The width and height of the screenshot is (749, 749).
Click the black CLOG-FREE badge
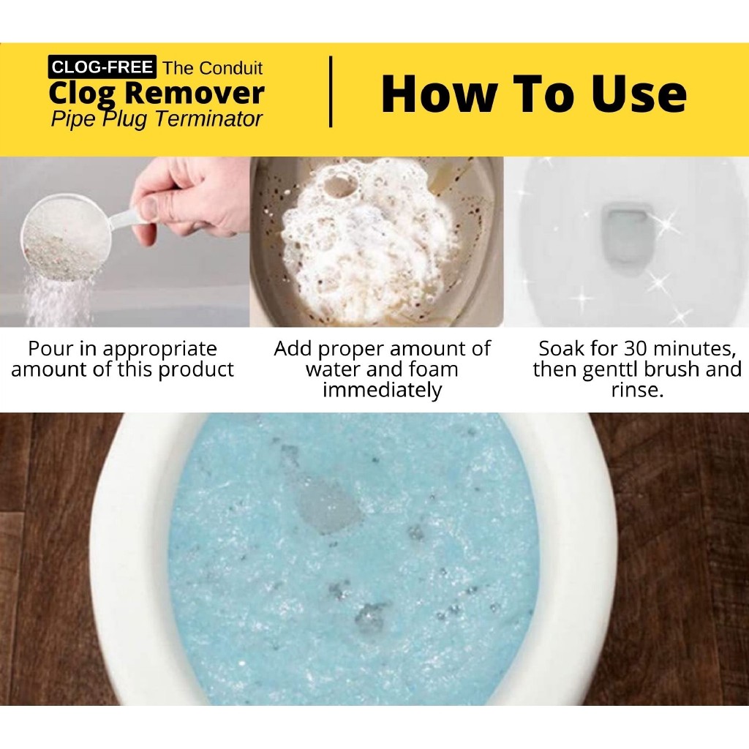coord(102,67)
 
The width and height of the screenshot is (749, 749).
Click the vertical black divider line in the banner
coord(331,91)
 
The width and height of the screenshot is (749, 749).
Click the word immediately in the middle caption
coord(382,391)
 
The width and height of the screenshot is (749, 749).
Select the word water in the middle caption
coord(333,369)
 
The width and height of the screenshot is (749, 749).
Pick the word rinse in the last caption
coord(637,391)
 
